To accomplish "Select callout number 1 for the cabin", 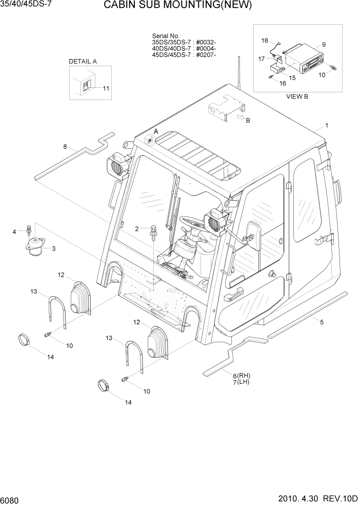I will (327, 126).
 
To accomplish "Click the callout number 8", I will (65, 147).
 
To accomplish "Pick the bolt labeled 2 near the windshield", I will (153, 233).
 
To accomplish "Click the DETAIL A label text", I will (83, 61).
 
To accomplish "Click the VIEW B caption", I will (297, 96).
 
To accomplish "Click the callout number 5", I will (322, 322).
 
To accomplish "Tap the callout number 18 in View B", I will (265, 40).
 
